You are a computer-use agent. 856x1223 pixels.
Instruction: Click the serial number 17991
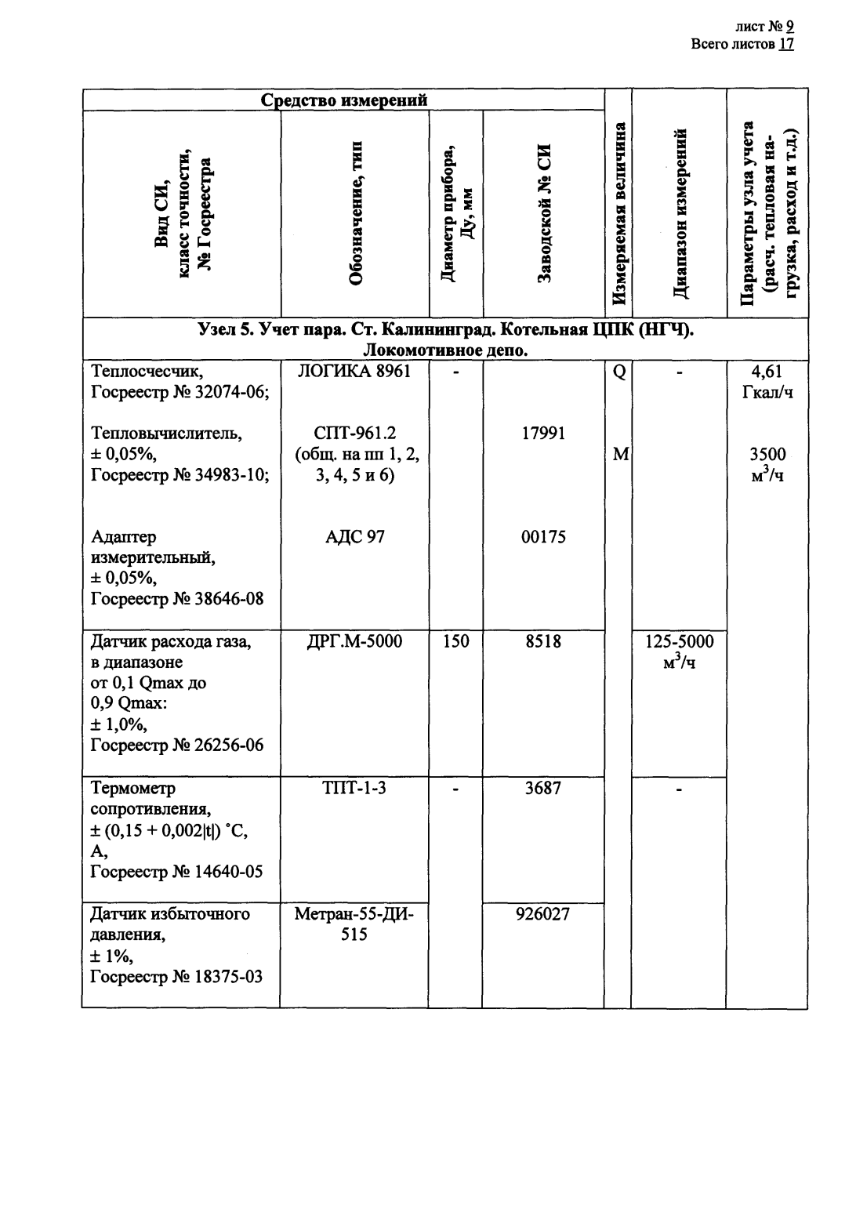pos(543,434)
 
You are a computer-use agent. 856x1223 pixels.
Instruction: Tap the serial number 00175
pos(543,538)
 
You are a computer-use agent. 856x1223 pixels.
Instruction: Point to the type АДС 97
pos(355,538)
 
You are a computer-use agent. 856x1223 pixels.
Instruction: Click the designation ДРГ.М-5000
pos(355,642)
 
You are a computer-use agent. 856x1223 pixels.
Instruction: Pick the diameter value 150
pos(455,642)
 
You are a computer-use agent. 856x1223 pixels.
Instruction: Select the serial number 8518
pos(543,642)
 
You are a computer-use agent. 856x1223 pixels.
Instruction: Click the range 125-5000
pos(679,642)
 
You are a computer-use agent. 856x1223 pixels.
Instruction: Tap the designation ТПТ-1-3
pos(355,788)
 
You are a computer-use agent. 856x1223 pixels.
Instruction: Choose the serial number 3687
pos(543,788)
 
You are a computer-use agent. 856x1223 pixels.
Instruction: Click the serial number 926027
pos(543,914)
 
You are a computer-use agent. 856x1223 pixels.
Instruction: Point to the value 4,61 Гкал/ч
pos(767,382)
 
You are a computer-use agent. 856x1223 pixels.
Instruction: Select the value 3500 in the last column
pos(767,455)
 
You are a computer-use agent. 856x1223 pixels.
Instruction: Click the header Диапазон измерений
pos(680,213)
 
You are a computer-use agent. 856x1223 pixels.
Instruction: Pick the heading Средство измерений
pos(343,100)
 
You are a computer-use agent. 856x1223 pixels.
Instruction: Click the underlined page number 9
pos(790,27)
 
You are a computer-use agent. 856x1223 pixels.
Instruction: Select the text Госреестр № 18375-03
pos(176,977)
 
